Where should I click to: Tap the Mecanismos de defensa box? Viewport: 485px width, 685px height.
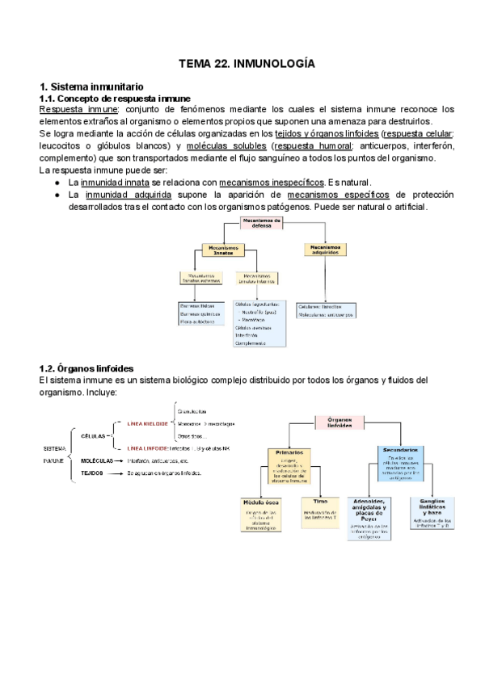[x=262, y=223]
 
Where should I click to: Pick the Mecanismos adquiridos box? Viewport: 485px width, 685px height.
[x=324, y=250]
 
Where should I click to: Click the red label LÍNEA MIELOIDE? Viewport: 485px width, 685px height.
[x=147, y=422]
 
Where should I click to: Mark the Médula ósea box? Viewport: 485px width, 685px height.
[x=260, y=513]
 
